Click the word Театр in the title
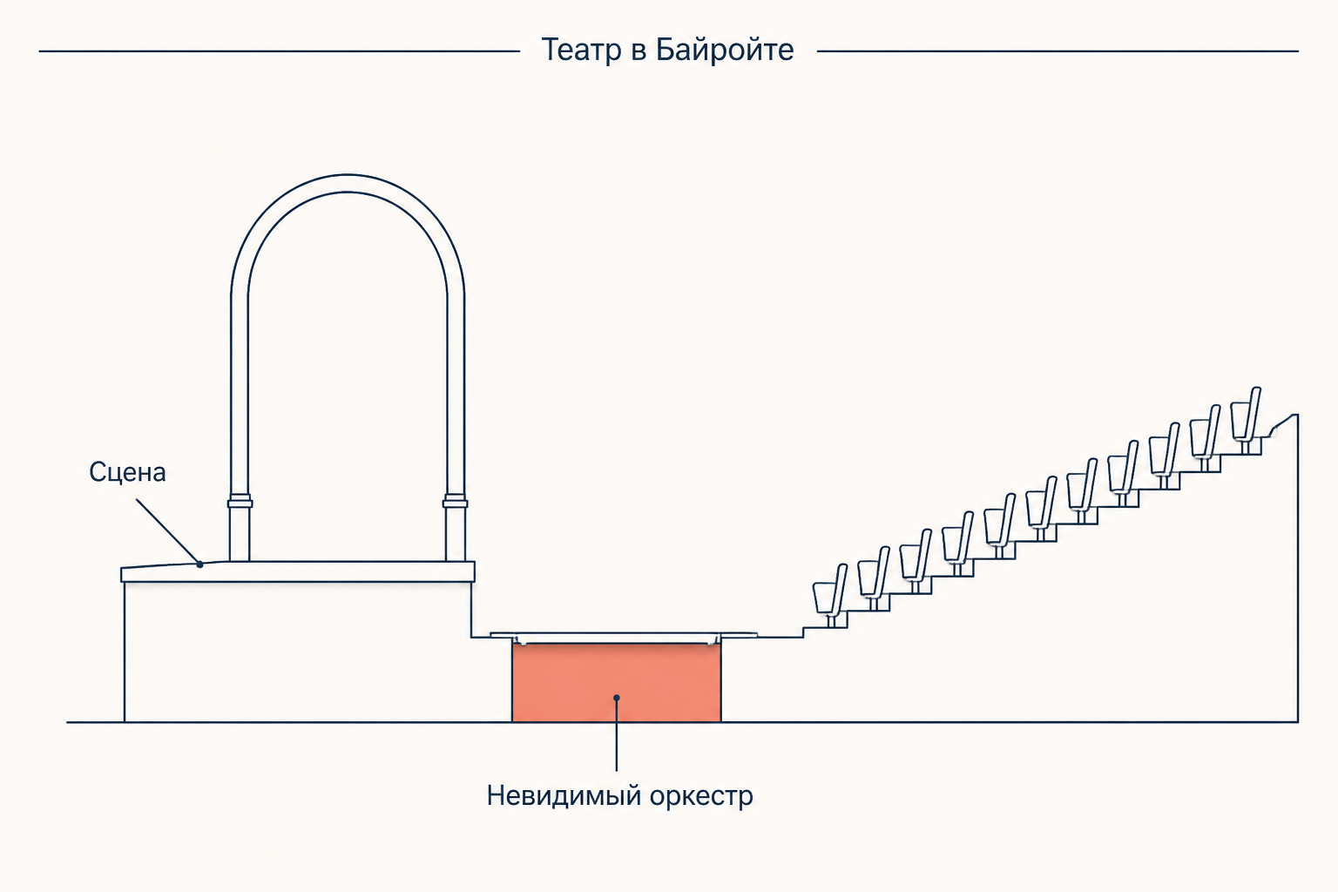pyautogui.click(x=581, y=51)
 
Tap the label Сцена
pyautogui.click(x=127, y=473)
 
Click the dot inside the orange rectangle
pyautogui.click(x=617, y=697)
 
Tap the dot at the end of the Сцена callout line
pyautogui.click(x=200, y=564)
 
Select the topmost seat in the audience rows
pyautogui.click(x=1246, y=418)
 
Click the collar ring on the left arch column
pyautogui.click(x=240, y=502)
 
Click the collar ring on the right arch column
pyautogui.click(x=456, y=502)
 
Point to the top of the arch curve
pyautogui.click(x=348, y=183)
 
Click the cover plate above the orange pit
pyautogui.click(x=624, y=635)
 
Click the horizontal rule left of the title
pyautogui.click(x=280, y=51)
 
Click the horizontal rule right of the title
pyautogui.click(x=1058, y=51)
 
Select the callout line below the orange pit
pyautogui.click(x=617, y=735)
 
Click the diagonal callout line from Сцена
pyautogui.click(x=168, y=531)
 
